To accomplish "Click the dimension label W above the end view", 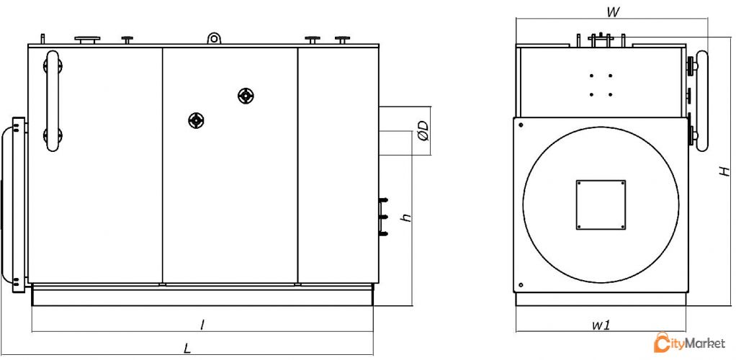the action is coord(612,12).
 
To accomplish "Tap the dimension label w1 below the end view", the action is coord(601,325).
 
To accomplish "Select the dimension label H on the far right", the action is coord(725,170).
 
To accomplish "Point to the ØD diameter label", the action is coord(423,131).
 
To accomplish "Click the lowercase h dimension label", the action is coord(406,217).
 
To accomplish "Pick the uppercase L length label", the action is coord(187,348).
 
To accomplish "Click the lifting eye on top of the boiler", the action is coord(214,38).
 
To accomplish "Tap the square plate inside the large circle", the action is coord(601,204).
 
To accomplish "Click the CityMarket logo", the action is coord(689,343).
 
